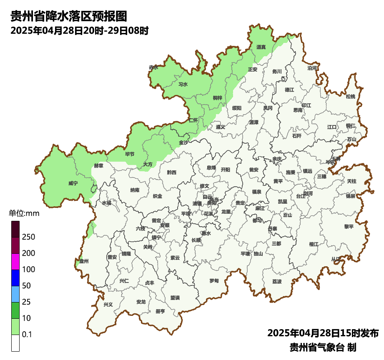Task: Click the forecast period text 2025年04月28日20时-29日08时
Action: coord(79,30)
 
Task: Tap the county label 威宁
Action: coord(73,183)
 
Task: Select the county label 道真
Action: coord(261,47)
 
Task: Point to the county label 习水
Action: coord(183,84)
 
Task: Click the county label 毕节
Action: coord(130,154)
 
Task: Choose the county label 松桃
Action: coord(350,97)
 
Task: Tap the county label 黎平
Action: coord(349,227)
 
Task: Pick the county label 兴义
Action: coord(108,305)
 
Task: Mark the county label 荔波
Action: coord(277,282)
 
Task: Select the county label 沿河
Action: coord(312,68)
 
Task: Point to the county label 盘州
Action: coord(83,261)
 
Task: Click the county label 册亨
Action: coord(160,311)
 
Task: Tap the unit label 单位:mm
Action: coord(24,214)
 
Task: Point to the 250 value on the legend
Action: coord(28,237)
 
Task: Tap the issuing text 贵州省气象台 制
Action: coord(323,347)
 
